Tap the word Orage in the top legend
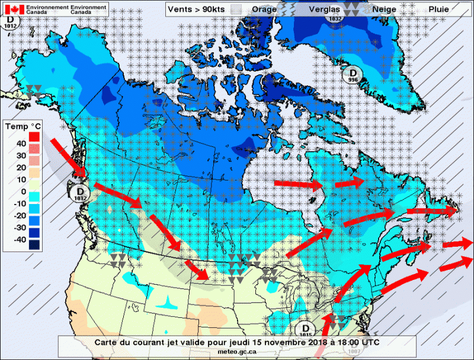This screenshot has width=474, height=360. point(264,9)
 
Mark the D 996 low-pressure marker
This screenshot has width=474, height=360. point(353,75)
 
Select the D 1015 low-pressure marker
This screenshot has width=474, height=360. point(306,330)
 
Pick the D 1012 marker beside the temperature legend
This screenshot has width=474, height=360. point(79,193)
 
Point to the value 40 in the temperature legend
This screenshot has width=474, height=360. point(21,143)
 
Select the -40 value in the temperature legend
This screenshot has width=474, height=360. point(19,239)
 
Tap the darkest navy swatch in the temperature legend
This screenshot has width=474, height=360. point(34,245)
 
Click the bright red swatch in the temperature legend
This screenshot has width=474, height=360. point(34,138)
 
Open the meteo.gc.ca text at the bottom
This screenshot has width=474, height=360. point(236,352)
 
